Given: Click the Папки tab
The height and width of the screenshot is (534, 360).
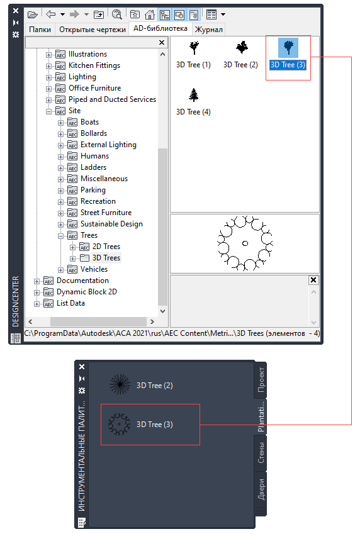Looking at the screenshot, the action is (x=40, y=30).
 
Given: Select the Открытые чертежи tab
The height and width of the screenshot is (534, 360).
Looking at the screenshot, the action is (x=93, y=30).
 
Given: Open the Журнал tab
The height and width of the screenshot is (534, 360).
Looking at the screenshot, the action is (x=209, y=30).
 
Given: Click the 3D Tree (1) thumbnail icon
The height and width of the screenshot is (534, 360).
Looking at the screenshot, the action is (x=194, y=48).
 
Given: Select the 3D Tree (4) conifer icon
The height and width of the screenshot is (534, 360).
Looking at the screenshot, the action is (x=194, y=95).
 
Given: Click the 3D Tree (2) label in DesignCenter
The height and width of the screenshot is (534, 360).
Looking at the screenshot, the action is (x=240, y=65).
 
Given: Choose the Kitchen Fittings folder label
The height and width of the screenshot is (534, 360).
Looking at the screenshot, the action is (x=94, y=65).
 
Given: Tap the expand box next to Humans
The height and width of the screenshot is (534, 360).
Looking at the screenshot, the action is (x=60, y=157).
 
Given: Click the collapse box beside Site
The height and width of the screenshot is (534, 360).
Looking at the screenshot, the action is (x=48, y=111).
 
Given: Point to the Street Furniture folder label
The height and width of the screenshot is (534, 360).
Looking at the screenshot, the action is (x=106, y=213).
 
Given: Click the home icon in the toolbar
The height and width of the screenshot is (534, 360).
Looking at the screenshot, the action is (x=149, y=14).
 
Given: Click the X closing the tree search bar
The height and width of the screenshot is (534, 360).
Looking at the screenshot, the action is (x=162, y=42).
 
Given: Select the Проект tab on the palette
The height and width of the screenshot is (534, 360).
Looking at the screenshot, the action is (x=261, y=379).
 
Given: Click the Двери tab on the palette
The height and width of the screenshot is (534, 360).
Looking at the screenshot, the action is (x=261, y=490).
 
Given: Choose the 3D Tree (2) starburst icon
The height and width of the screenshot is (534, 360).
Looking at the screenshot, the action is (x=120, y=384).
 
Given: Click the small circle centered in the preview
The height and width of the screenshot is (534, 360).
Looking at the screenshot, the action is (x=245, y=243).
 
